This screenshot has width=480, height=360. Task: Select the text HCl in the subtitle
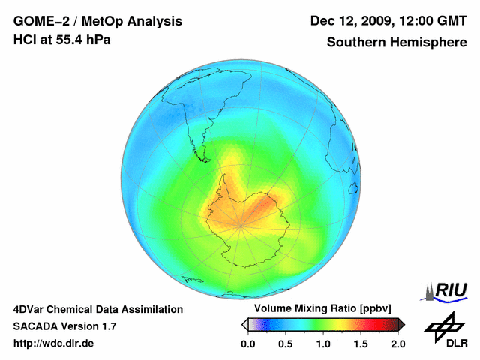(x=23, y=40)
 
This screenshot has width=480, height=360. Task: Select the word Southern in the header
(x=354, y=43)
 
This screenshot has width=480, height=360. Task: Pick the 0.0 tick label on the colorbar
(x=247, y=343)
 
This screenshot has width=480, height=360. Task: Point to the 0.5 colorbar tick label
(x=285, y=343)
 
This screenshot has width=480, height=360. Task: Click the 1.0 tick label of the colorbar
(x=322, y=343)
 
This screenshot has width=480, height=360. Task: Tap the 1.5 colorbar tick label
(x=360, y=343)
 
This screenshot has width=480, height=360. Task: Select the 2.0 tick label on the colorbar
(x=397, y=343)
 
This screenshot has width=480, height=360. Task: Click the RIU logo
(x=446, y=292)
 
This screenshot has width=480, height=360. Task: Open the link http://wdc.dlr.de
(x=54, y=343)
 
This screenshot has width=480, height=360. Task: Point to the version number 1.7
(x=107, y=326)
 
